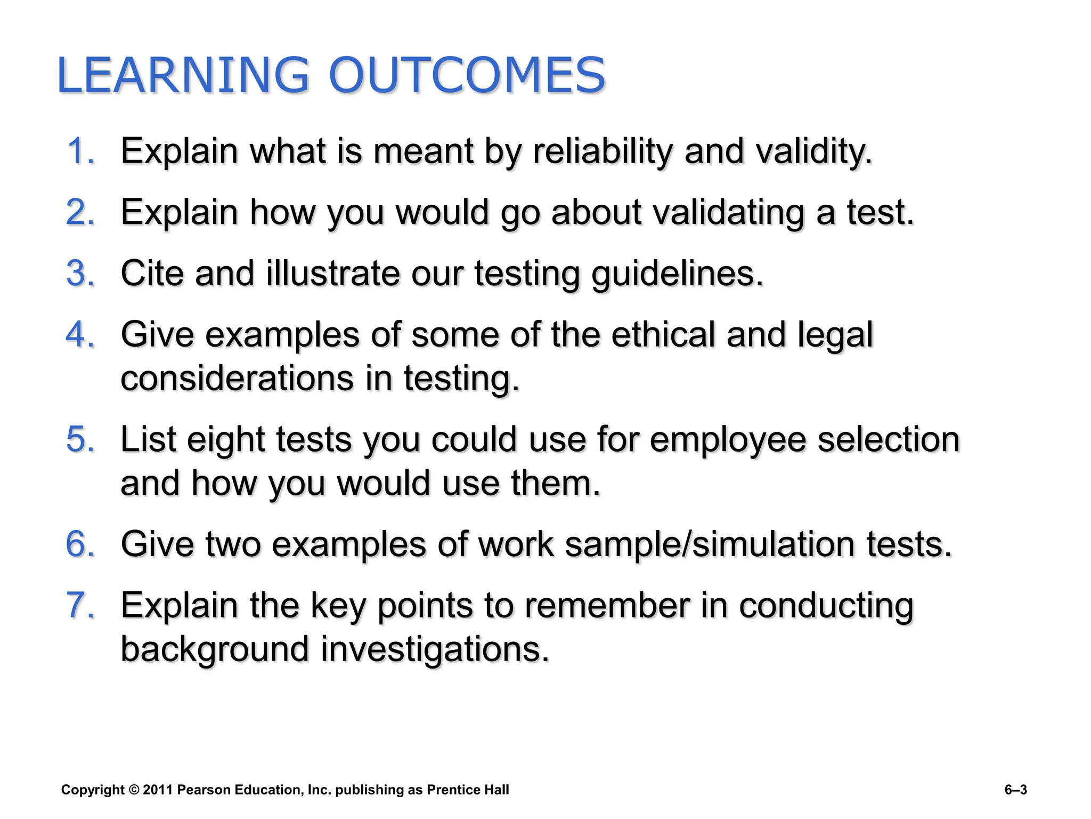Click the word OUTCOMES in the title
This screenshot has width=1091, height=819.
(x=467, y=75)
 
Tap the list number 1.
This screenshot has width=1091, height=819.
(x=80, y=151)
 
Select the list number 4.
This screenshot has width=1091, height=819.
(x=80, y=335)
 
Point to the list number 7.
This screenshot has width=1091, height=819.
(x=80, y=606)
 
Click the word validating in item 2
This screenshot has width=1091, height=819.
(x=728, y=213)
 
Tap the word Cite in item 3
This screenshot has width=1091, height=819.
(x=152, y=274)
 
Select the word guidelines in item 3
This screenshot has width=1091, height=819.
(x=678, y=274)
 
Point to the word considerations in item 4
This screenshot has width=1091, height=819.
(x=237, y=379)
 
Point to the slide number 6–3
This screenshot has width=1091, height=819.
(x=1015, y=790)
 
